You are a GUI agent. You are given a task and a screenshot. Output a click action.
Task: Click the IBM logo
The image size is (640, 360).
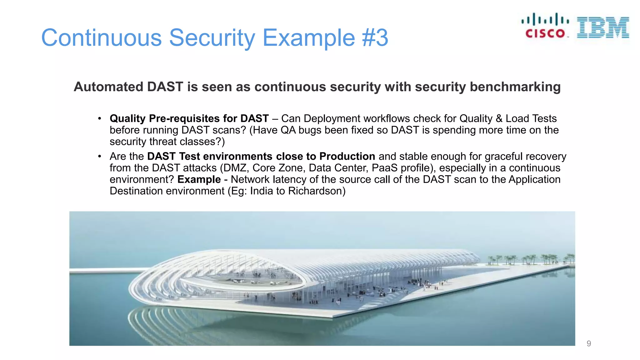pos(603,28)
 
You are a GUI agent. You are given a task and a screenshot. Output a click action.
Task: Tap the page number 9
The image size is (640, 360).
pos(589,343)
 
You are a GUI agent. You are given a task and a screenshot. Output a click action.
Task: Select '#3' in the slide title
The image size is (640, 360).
pos(375,38)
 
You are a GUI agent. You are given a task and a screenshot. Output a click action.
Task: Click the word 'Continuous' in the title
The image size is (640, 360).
pos(101,38)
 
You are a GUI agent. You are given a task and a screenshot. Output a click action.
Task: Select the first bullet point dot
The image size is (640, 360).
pos(99,118)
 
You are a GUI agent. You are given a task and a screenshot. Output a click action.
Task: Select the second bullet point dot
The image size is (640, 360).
pos(99,156)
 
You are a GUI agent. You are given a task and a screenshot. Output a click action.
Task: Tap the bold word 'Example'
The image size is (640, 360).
pos(199,179)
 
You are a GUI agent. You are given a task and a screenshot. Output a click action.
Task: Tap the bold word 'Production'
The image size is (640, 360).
pos(347,156)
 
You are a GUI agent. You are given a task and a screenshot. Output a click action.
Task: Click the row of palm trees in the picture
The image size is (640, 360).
pos(531,259)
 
